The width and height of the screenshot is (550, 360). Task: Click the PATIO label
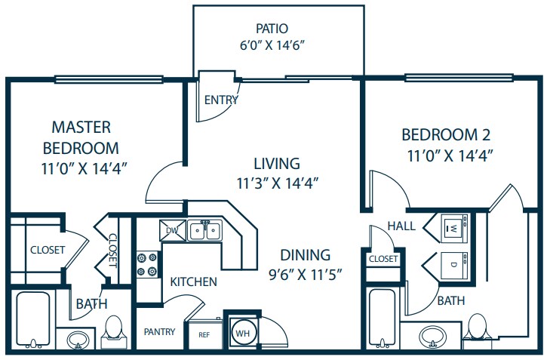point(272,29)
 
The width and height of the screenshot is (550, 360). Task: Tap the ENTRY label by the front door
point(221,100)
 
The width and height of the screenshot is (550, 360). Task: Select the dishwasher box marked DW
point(173,230)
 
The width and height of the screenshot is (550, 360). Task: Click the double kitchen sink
point(205,230)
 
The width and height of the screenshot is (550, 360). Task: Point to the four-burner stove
point(147,265)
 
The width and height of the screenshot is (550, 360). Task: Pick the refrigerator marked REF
point(205,334)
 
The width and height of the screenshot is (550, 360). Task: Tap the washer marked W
point(454,229)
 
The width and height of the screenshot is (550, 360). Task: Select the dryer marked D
point(454,266)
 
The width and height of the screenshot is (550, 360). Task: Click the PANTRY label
point(160,331)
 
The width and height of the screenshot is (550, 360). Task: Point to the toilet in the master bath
point(114,332)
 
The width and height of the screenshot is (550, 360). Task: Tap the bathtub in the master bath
point(33,320)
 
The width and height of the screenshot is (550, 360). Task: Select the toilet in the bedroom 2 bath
point(478,327)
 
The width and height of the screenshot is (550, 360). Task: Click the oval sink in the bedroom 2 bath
point(433,336)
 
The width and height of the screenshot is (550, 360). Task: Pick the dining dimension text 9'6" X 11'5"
point(305,275)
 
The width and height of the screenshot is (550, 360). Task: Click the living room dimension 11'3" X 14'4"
point(277,183)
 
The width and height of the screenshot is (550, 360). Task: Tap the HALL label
point(401,226)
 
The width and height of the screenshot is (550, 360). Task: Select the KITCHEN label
point(194,282)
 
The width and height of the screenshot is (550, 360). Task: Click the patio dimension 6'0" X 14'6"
point(271,45)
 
